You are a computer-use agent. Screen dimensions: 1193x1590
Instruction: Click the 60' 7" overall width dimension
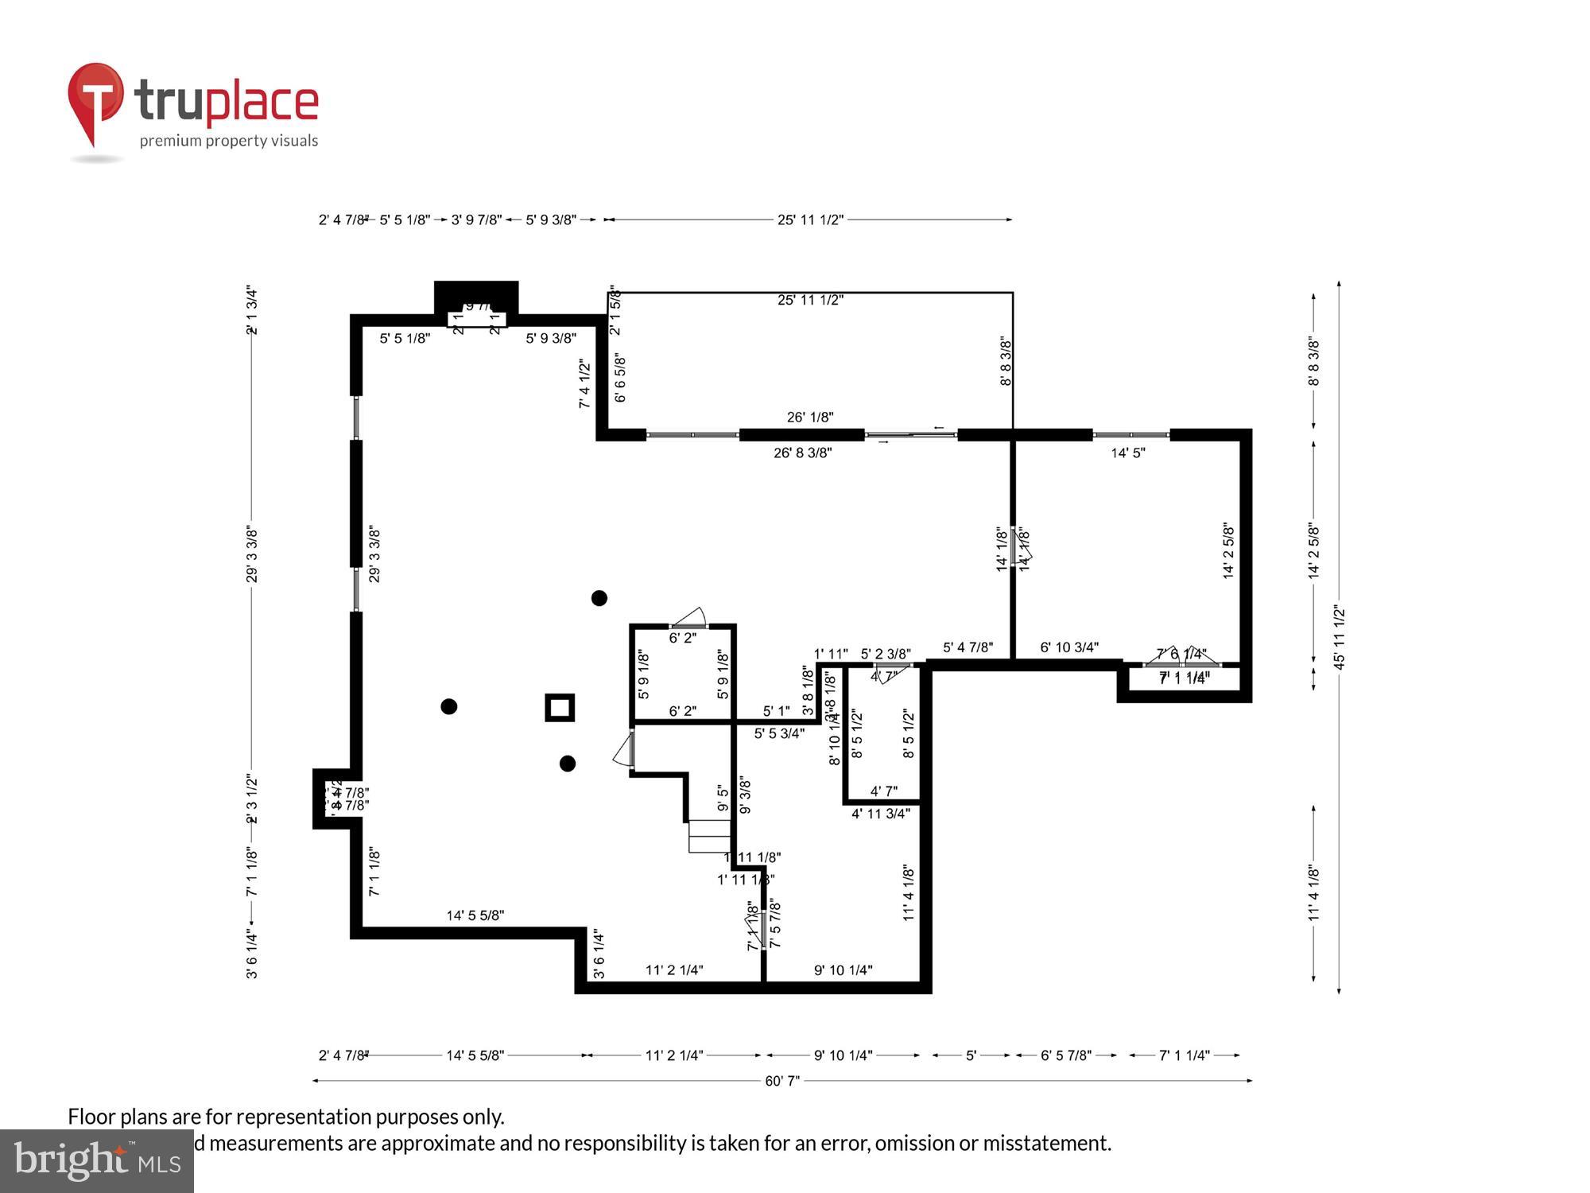[x=782, y=1081]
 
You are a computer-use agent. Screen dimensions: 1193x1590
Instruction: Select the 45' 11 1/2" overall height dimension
[x=1340, y=637]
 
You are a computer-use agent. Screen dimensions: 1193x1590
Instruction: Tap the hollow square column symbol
[x=560, y=707]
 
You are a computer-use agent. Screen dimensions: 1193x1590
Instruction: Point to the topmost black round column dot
[x=599, y=598]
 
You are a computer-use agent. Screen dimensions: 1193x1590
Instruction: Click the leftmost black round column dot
[x=449, y=706]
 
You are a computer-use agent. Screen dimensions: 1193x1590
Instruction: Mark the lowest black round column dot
[x=568, y=764]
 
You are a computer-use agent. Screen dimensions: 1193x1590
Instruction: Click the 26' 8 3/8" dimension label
[x=802, y=453]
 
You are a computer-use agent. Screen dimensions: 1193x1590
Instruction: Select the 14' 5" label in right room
[x=1128, y=453]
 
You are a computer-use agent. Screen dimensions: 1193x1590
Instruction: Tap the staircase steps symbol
[x=709, y=836]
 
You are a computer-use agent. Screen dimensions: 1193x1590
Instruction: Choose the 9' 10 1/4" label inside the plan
[x=843, y=970]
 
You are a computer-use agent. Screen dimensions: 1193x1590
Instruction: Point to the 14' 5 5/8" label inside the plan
[x=475, y=916]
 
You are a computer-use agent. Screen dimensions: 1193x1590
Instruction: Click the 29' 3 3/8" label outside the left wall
[x=252, y=554]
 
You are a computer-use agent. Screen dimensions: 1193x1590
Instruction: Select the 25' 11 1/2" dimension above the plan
[x=810, y=220]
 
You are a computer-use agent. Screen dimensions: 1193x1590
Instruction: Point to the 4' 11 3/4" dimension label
[x=881, y=814]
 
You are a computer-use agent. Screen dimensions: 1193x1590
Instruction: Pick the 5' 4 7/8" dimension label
[x=968, y=647]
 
